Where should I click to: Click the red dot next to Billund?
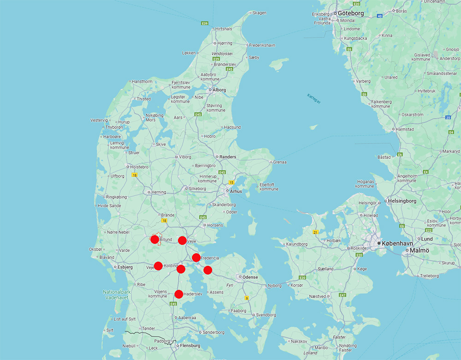pyautogui.click(x=155, y=239)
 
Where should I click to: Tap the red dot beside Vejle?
pyautogui.click(x=182, y=240)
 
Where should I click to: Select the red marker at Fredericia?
pyautogui.click(x=196, y=257)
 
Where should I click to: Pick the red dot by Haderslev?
pyautogui.click(x=179, y=294)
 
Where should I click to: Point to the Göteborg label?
pyautogui.click(x=351, y=13)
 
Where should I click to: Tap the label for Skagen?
pyautogui.click(x=260, y=13)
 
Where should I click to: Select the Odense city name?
pyautogui.click(x=249, y=277)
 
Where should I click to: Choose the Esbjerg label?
pyautogui.click(x=125, y=267)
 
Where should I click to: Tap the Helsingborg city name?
pyautogui.click(x=402, y=201)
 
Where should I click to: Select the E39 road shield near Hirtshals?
pyautogui.click(x=205, y=23)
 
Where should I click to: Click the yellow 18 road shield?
pyautogui.click(x=135, y=175)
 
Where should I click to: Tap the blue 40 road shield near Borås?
pyautogui.click(x=380, y=16)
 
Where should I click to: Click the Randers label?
pyautogui.click(x=228, y=157)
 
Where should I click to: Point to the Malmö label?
pyautogui.click(x=420, y=250)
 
